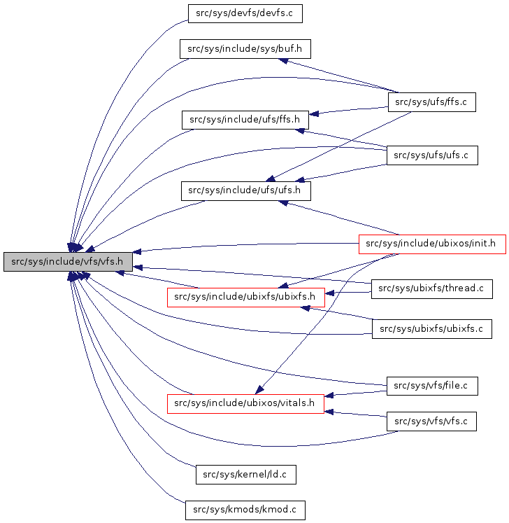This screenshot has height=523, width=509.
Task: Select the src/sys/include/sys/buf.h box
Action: point(245,49)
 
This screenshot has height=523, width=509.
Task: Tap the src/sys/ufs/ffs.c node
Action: point(431,102)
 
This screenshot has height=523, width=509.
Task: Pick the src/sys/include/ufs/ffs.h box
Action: point(245,120)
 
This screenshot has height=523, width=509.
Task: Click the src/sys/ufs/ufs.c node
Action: point(431,155)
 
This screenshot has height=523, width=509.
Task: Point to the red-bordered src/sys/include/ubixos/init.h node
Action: point(431,244)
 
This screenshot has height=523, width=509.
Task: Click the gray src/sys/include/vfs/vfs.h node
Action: point(68,262)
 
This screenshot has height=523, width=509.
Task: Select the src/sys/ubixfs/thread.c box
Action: point(431,288)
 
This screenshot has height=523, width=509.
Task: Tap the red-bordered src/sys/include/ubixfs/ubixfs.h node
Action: point(245,297)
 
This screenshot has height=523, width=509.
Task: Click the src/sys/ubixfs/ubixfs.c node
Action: point(431,328)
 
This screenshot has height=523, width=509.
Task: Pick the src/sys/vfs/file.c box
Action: point(431,385)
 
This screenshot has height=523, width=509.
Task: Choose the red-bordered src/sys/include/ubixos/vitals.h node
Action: point(245,403)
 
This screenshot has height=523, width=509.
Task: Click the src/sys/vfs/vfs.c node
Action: point(431,421)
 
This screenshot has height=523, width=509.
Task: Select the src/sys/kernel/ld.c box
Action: point(245,475)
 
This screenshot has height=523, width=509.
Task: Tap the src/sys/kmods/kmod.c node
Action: point(245,510)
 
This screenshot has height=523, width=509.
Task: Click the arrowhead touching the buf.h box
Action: point(284,61)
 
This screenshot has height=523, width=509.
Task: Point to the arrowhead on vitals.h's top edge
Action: point(259,389)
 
